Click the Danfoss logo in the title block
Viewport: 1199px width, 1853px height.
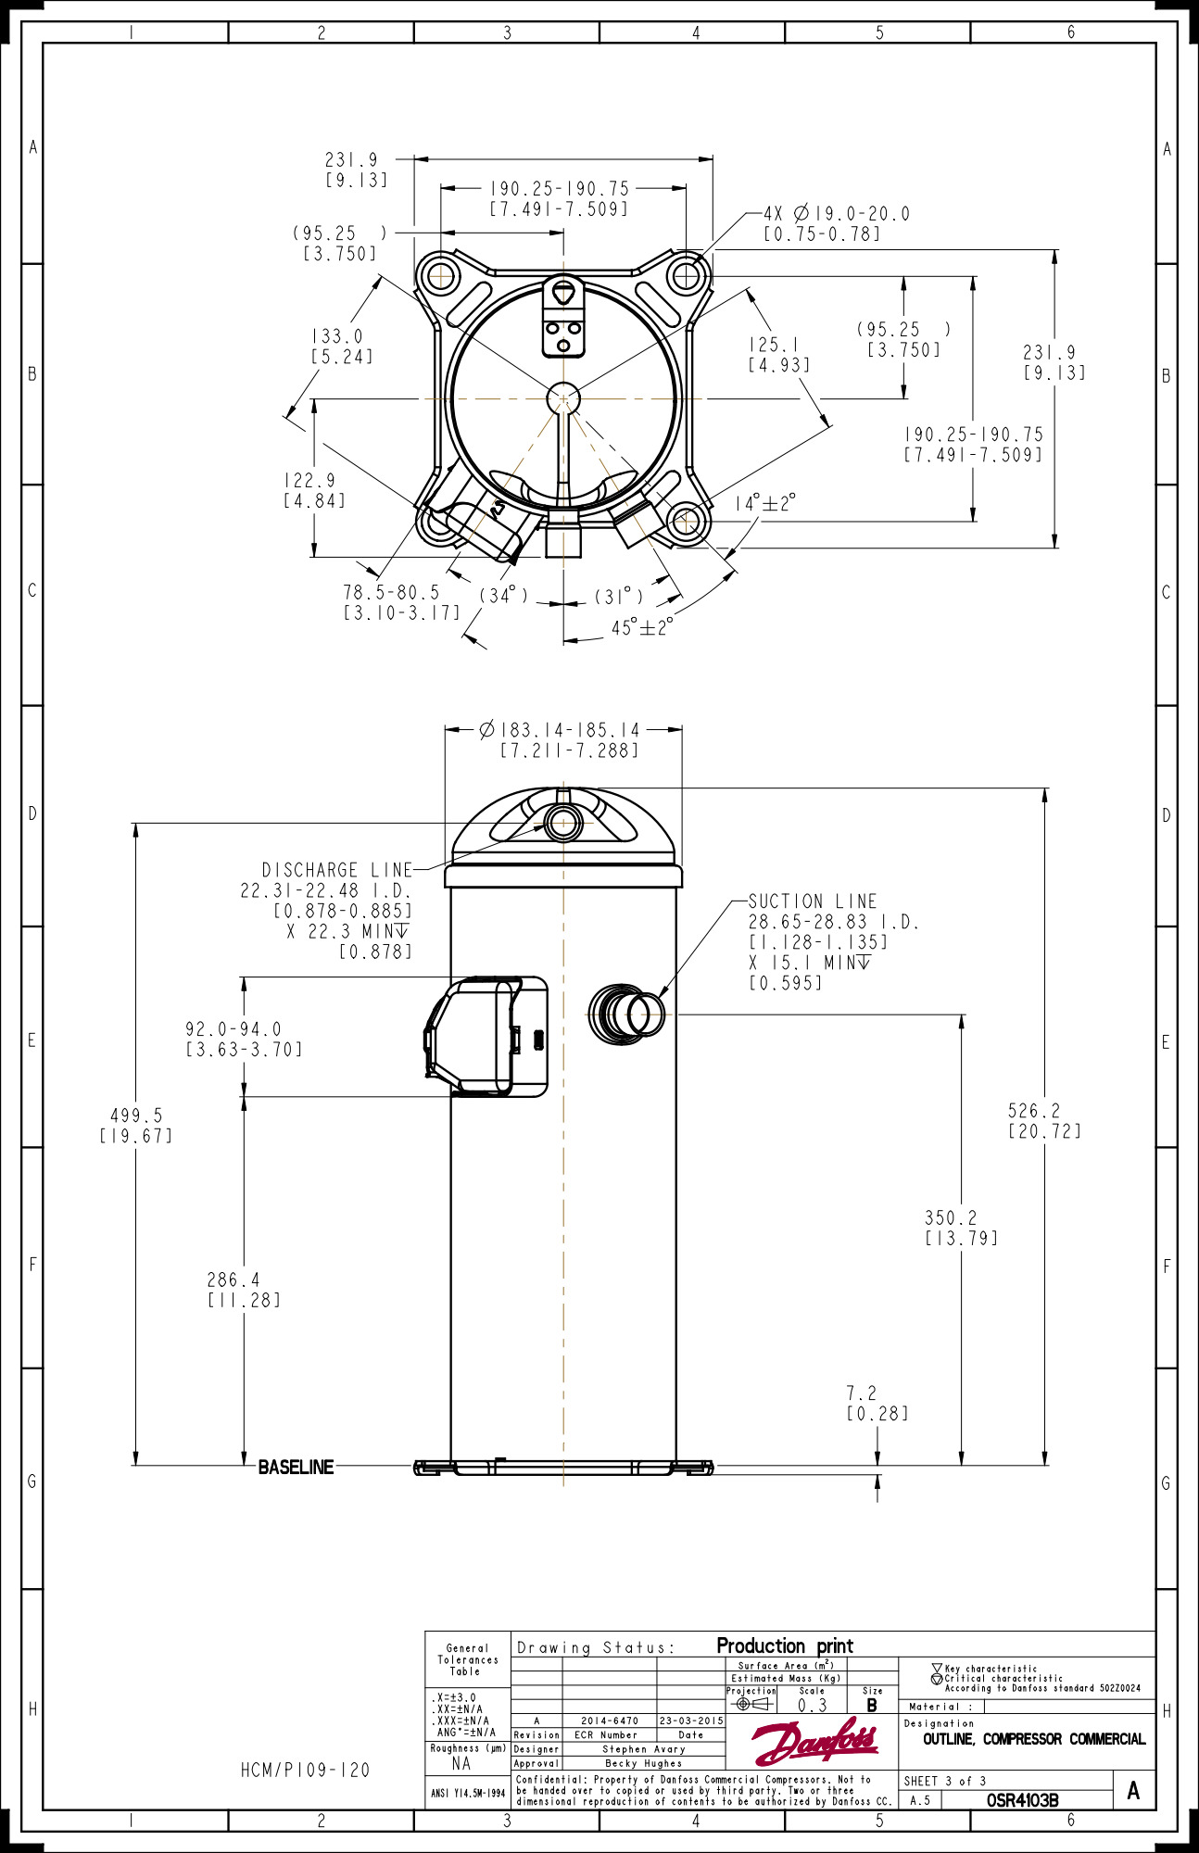pyautogui.click(x=814, y=1743)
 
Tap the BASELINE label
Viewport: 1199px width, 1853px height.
pyautogui.click(x=296, y=1467)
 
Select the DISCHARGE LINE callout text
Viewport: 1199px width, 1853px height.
pyautogui.click(x=336, y=870)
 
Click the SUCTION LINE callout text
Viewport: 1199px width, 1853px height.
pyautogui.click(x=812, y=901)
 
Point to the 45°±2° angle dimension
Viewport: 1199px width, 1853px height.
pyautogui.click(x=641, y=628)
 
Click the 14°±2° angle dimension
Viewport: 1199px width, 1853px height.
pyautogui.click(x=764, y=503)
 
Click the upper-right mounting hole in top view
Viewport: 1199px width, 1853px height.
pyautogui.click(x=686, y=276)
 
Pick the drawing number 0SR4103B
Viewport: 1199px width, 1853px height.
pyautogui.click(x=1022, y=1800)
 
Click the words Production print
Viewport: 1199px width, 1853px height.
pyautogui.click(x=785, y=1645)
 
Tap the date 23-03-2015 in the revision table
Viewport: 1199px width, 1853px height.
pyautogui.click(x=690, y=1721)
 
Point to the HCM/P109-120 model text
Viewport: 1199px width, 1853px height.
pyautogui.click(x=305, y=1770)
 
